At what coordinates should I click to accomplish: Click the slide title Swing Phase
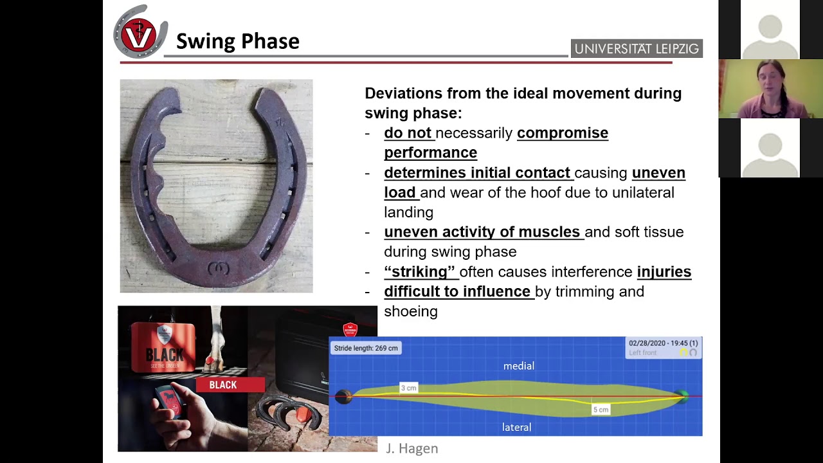(x=237, y=41)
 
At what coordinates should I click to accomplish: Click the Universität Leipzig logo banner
(x=636, y=49)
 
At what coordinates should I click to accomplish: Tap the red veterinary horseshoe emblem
(x=140, y=33)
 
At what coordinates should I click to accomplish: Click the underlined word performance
(x=430, y=152)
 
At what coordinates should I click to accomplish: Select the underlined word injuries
(x=664, y=271)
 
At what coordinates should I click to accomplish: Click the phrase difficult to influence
(x=457, y=291)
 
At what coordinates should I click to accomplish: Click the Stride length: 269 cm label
(x=366, y=348)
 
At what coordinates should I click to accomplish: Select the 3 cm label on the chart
(x=408, y=388)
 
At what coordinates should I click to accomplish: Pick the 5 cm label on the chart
(x=601, y=410)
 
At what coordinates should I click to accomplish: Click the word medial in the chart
(x=518, y=366)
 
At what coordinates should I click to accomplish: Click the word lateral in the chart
(x=516, y=427)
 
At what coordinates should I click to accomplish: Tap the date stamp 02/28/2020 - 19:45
(x=662, y=343)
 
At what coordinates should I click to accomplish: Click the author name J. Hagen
(x=411, y=448)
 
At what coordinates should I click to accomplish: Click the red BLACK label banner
(x=223, y=385)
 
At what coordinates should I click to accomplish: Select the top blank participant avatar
(x=770, y=30)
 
